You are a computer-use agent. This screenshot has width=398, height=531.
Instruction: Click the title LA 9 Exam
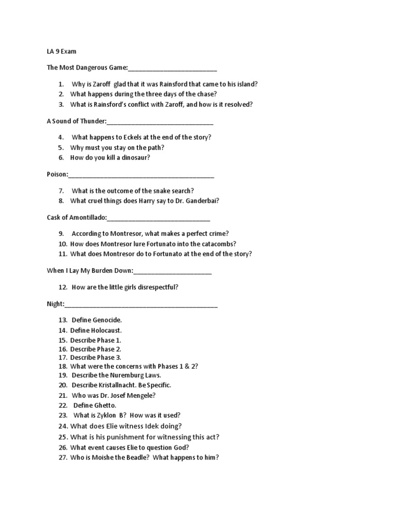pos(62,52)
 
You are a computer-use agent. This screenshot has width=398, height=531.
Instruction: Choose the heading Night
pos(55,304)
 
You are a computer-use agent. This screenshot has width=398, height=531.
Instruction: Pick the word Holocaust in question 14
pos(106,330)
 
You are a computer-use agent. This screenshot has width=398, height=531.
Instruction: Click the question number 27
pos(63,458)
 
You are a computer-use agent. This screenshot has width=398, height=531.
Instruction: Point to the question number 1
pos(62,84)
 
